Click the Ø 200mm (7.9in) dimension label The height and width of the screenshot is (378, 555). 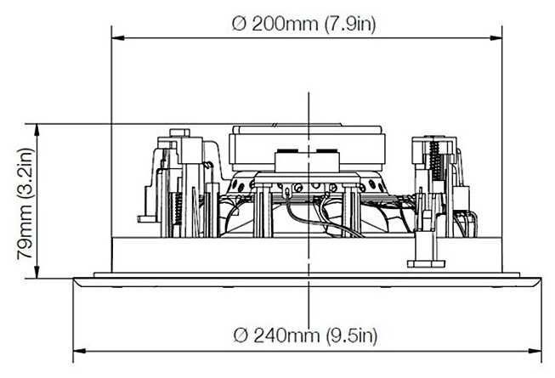(x=303, y=24)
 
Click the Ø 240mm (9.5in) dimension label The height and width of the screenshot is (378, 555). (x=305, y=335)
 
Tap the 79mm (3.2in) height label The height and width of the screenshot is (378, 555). (x=25, y=204)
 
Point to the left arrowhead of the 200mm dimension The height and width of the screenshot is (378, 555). (x=118, y=38)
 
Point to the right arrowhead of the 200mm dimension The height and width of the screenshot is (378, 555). (x=496, y=38)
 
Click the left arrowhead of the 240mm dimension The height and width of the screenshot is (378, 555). (x=79, y=352)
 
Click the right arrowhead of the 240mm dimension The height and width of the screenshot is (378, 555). (x=535, y=352)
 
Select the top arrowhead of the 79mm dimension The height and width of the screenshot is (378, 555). (x=37, y=130)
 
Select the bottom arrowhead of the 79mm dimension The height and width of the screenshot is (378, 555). (x=37, y=272)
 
